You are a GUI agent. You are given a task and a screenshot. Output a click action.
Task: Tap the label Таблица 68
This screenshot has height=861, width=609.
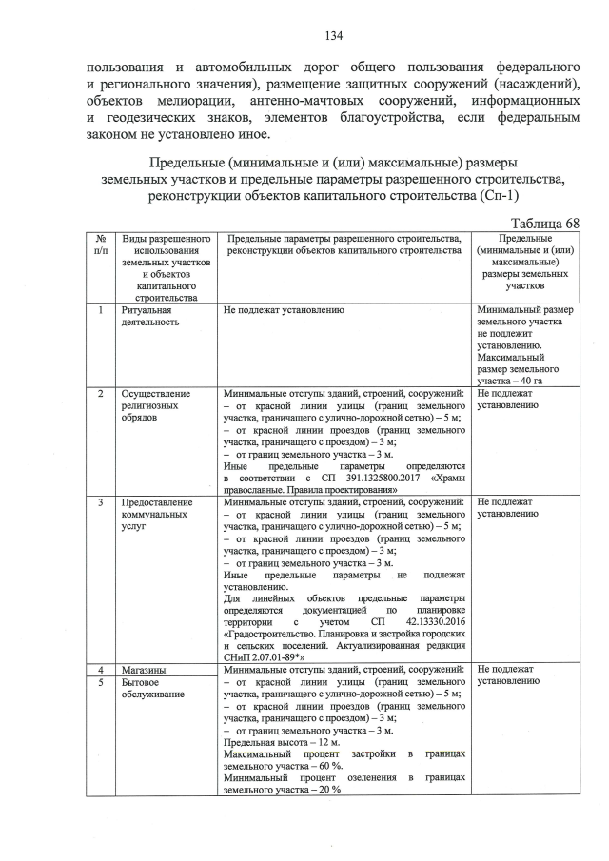(543, 222)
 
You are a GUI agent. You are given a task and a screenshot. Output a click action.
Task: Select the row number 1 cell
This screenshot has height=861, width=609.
(100, 310)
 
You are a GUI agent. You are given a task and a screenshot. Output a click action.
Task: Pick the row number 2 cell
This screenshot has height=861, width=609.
(100, 393)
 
